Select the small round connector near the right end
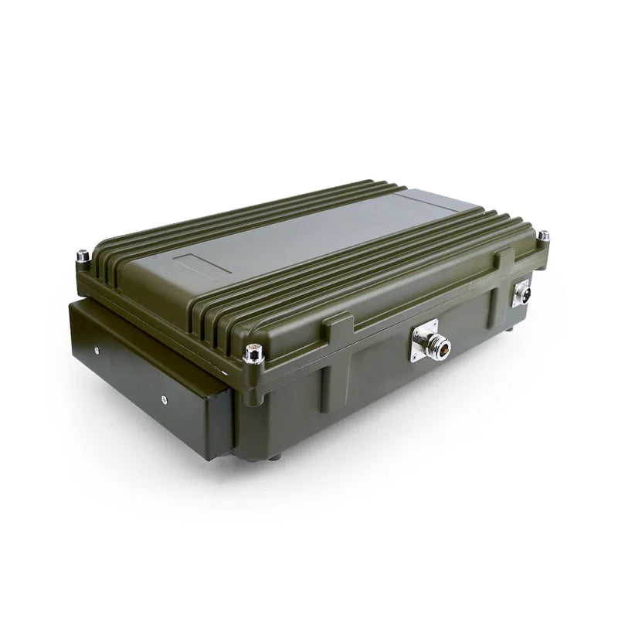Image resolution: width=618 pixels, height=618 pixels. click(x=524, y=294)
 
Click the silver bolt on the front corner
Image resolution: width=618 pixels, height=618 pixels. click(x=253, y=355)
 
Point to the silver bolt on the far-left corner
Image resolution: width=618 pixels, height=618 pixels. click(x=82, y=256)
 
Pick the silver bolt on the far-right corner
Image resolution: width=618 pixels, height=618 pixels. click(x=544, y=236)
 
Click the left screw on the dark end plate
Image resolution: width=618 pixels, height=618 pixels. click(x=96, y=350)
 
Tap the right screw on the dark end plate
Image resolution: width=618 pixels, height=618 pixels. click(x=164, y=399)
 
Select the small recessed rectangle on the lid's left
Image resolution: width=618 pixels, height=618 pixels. click(x=202, y=264)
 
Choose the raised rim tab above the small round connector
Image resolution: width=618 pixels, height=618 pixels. click(x=504, y=258)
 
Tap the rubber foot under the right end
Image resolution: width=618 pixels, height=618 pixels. click(x=511, y=328)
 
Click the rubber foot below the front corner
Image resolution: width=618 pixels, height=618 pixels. click(x=274, y=457)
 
